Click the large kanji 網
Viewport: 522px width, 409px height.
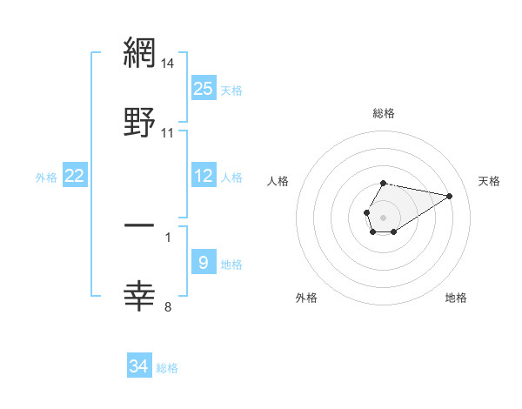point(140,53)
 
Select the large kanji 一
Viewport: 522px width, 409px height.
point(140,225)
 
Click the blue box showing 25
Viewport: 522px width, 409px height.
point(204,89)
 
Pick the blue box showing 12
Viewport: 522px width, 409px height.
point(204,177)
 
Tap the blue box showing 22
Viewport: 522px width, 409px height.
point(75,177)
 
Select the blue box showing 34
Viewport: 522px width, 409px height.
point(139,367)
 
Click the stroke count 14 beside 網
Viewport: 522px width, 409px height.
point(168,64)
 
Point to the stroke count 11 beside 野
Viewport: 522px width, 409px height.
point(168,133)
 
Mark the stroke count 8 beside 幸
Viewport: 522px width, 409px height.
point(168,306)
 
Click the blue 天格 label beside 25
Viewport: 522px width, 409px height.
point(231,90)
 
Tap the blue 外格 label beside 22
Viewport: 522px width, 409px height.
point(46,178)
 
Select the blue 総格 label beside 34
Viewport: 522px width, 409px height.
point(167,368)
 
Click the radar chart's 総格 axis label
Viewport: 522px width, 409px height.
point(384,113)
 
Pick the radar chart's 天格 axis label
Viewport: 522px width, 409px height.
point(489,181)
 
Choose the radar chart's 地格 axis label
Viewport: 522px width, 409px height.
point(456,298)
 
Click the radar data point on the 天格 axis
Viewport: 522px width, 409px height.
point(450,195)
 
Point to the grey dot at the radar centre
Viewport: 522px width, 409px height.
point(383,216)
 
